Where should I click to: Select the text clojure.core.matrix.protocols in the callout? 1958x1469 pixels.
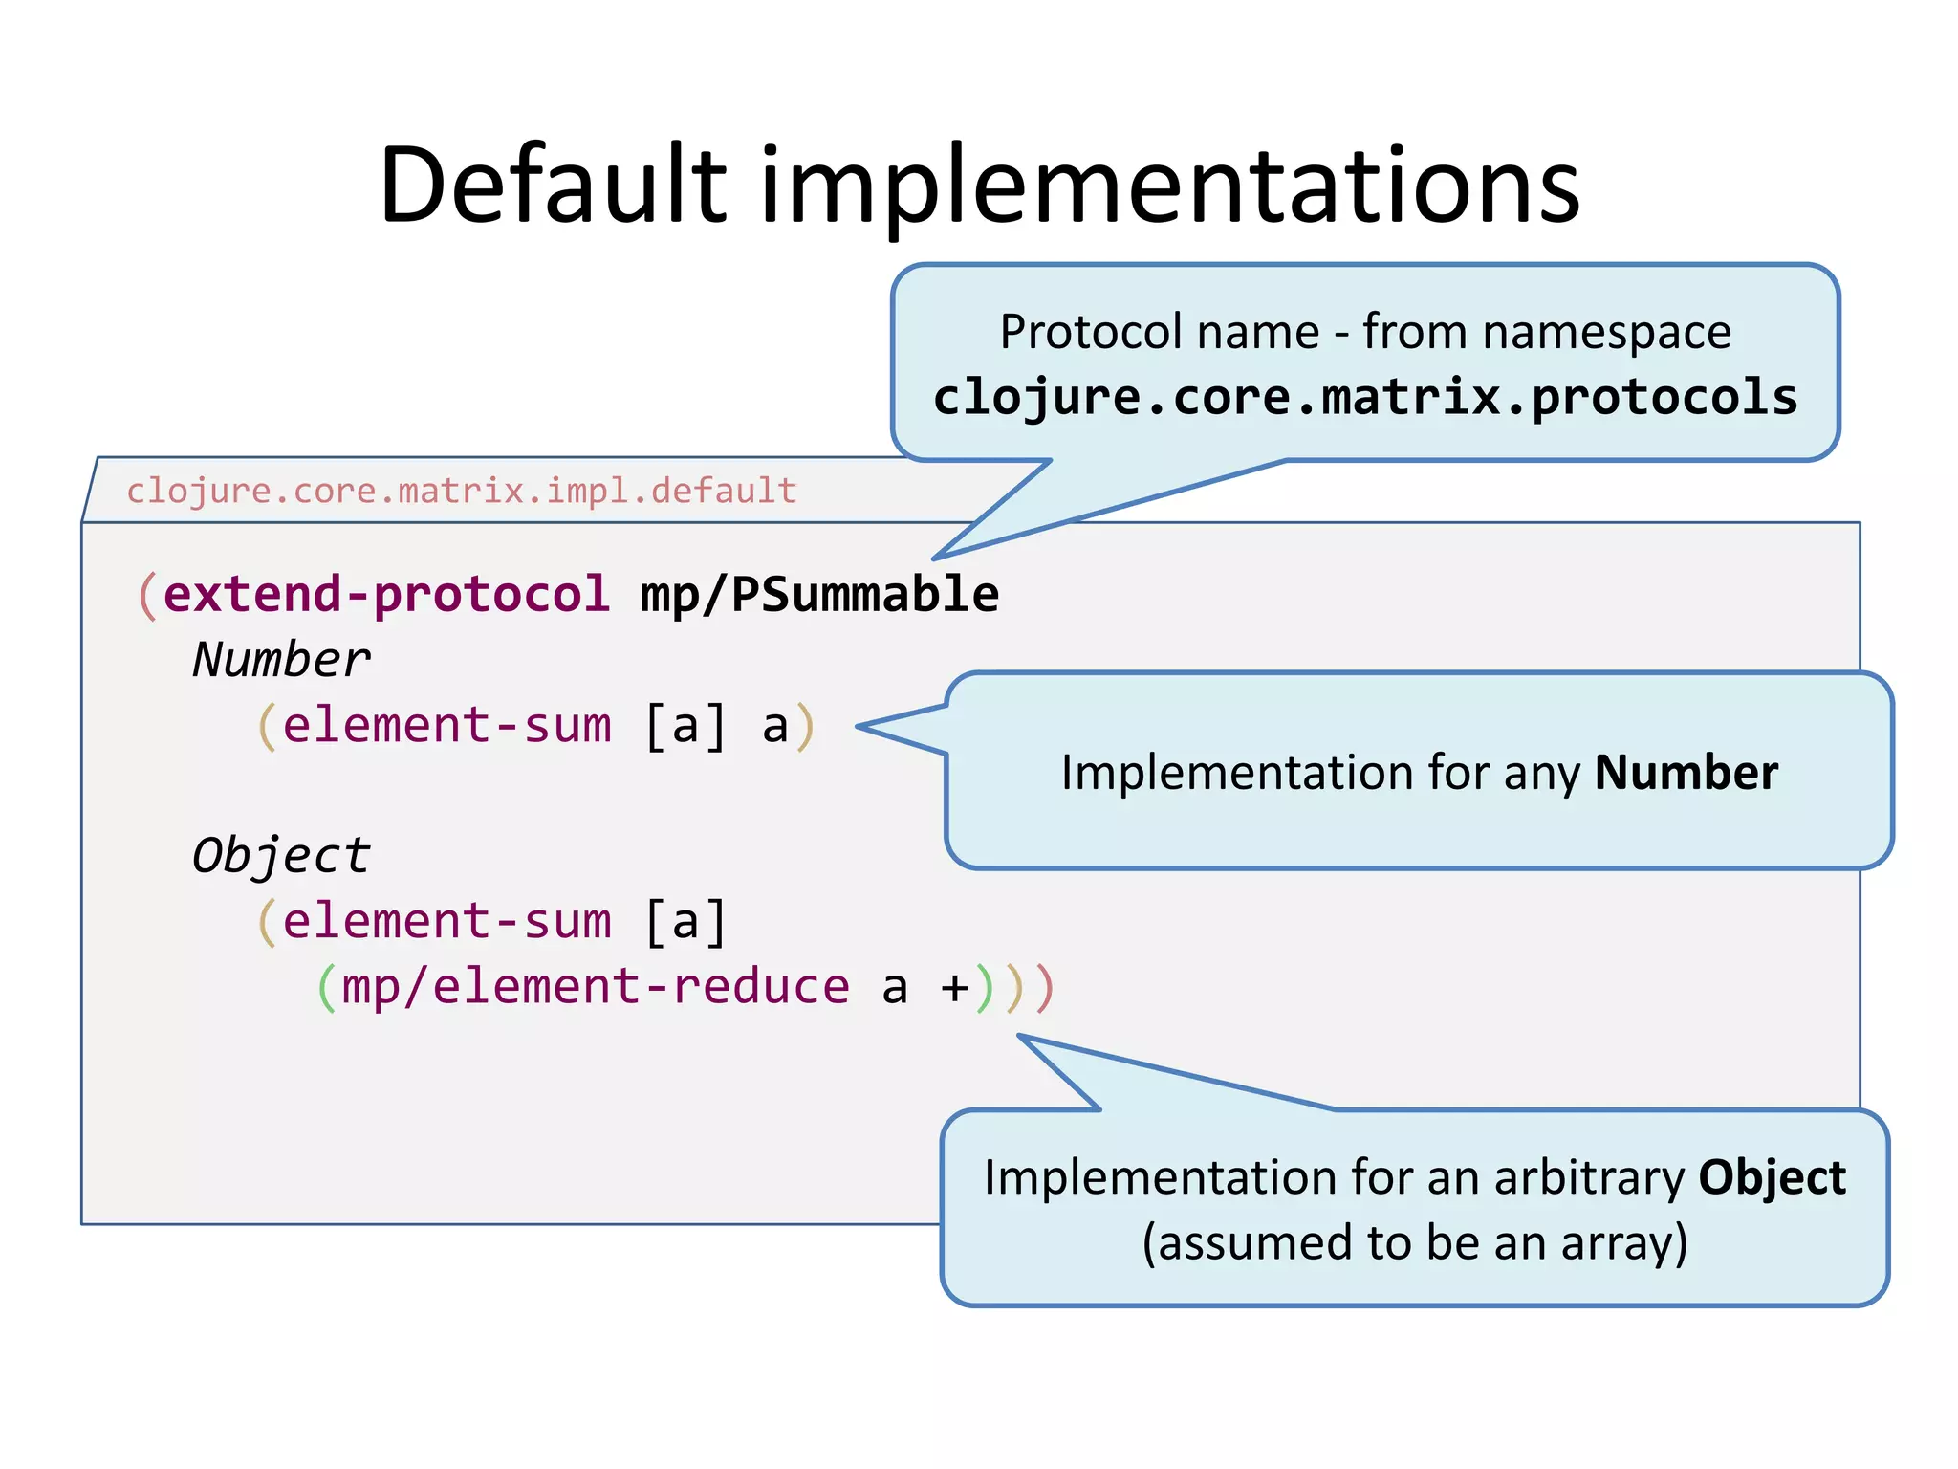click(x=1364, y=397)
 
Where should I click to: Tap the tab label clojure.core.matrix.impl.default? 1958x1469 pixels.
click(x=461, y=491)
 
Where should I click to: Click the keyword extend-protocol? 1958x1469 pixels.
click(x=386, y=594)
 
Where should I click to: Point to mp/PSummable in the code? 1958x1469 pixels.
click(x=819, y=594)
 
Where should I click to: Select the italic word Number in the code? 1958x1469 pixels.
click(x=281, y=660)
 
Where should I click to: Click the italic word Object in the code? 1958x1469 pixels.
click(x=281, y=855)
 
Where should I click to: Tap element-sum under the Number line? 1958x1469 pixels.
click(x=446, y=725)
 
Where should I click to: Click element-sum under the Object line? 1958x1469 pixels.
click(x=446, y=921)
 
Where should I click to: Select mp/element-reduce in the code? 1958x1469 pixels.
click(x=595, y=986)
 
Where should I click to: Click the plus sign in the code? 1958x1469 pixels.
click(x=954, y=988)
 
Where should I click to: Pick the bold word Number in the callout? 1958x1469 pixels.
click(x=1686, y=772)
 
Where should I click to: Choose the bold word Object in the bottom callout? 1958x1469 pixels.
click(x=1772, y=1177)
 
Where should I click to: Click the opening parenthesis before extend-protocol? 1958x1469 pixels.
click(x=147, y=596)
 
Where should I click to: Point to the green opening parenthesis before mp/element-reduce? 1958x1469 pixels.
click(x=326, y=988)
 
